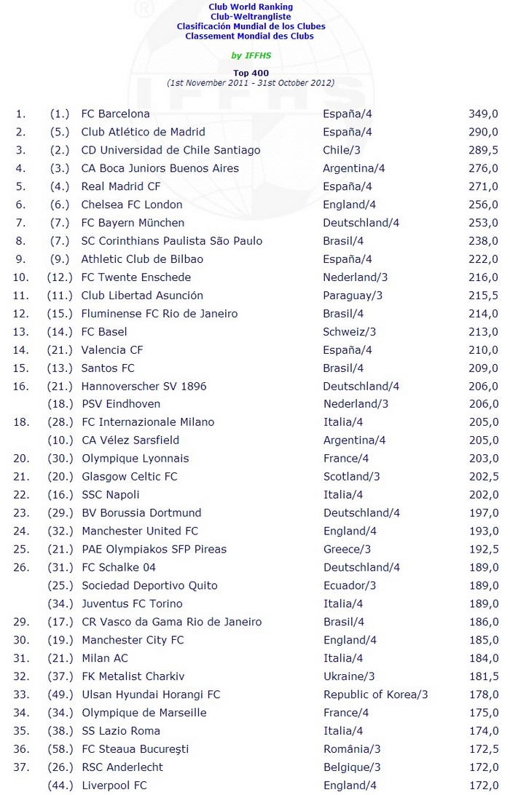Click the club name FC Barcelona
coord(115,114)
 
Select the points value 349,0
coord(483,114)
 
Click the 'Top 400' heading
coord(250,74)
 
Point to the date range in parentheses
coord(250,83)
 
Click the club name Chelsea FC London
coord(132,205)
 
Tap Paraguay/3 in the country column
coord(353,296)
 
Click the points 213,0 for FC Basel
coord(483,332)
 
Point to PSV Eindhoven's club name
coord(121,404)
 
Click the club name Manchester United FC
coord(140,531)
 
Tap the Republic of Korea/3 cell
coord(376,695)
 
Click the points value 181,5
coord(483,677)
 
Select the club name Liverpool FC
coord(114,786)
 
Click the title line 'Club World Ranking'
coord(250,7)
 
